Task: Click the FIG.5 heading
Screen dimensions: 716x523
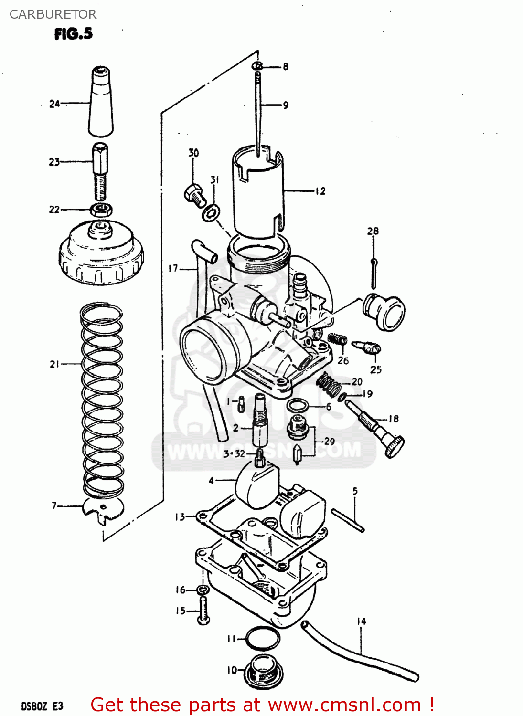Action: [x=73, y=34]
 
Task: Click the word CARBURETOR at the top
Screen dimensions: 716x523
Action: [x=53, y=14]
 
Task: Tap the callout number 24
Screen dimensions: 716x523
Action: [x=54, y=104]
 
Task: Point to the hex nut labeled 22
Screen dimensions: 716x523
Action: [x=101, y=209]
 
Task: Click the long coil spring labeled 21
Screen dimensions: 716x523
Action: [x=101, y=401]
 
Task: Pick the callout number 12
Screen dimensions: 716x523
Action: [x=320, y=191]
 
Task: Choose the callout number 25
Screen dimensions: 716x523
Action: [x=376, y=369]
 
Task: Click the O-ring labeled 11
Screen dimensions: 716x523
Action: [x=262, y=638]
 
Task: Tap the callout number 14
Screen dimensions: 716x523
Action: [x=361, y=621]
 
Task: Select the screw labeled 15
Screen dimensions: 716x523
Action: [x=203, y=611]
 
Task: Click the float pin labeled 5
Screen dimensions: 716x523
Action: [x=348, y=520]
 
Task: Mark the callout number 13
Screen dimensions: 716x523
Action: [x=180, y=517]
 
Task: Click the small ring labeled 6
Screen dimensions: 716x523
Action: [x=297, y=406]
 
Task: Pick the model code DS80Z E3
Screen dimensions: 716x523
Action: [x=42, y=706]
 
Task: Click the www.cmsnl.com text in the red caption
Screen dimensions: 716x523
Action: [x=344, y=705]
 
